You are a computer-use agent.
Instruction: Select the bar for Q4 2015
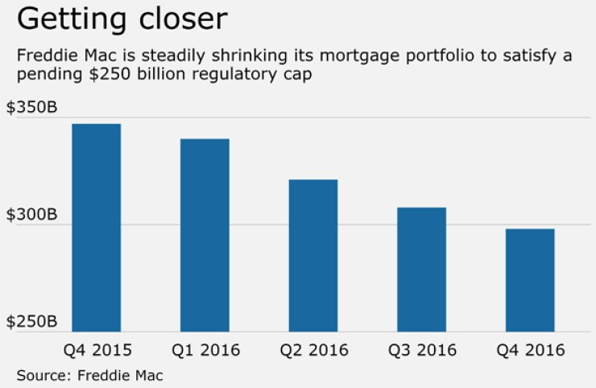(x=97, y=227)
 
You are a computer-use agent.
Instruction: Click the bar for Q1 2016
(x=205, y=234)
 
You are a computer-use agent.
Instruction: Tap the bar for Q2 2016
(x=313, y=254)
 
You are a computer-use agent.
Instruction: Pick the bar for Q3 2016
(x=421, y=269)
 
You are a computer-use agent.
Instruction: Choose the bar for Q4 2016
(x=530, y=279)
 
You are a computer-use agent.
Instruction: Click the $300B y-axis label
(x=31, y=215)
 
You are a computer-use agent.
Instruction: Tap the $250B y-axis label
(x=31, y=321)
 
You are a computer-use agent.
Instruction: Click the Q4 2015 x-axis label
(x=97, y=350)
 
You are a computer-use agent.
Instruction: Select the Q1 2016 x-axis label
(x=205, y=350)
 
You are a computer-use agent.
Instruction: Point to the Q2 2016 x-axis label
(x=313, y=350)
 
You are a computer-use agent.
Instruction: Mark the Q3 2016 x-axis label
(x=421, y=350)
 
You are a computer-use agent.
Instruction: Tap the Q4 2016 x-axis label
(x=530, y=350)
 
